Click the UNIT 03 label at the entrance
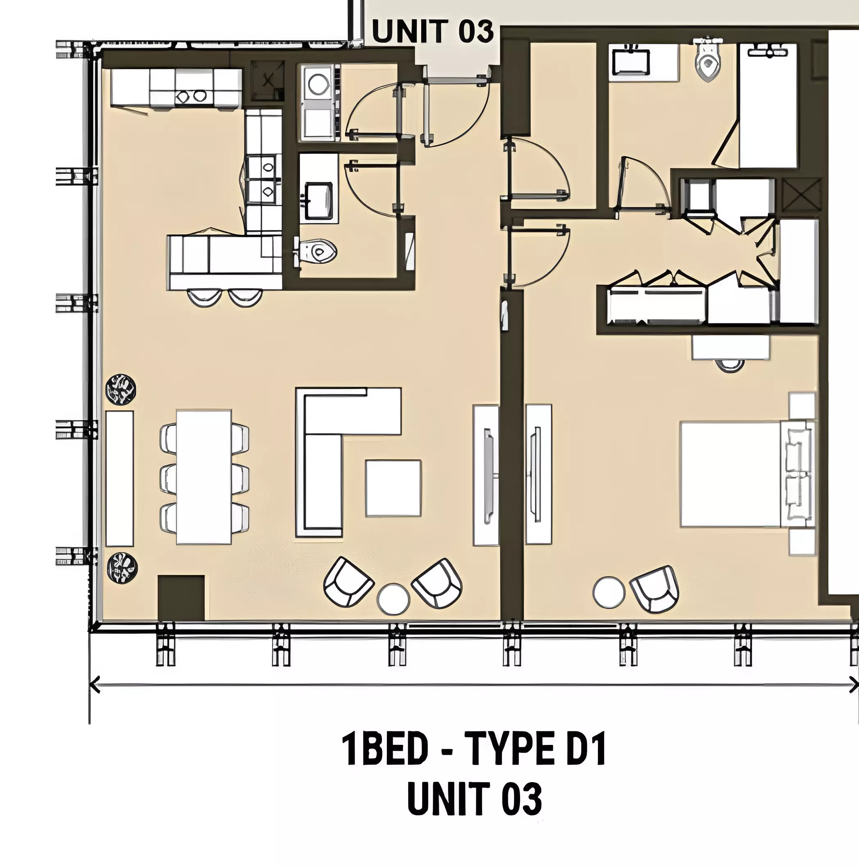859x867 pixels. (433, 32)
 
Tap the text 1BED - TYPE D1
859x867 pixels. (475, 749)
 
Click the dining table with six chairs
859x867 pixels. (204, 477)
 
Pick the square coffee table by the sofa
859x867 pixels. (393, 488)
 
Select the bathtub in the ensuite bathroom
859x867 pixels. (768, 105)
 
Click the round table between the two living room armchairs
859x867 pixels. (393, 599)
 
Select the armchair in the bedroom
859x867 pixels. (654, 588)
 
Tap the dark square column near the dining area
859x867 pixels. (181, 598)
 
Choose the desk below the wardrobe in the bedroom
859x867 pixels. (731, 348)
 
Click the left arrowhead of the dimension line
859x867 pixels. (95, 685)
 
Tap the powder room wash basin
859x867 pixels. (318, 200)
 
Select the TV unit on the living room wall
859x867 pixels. (486, 475)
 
